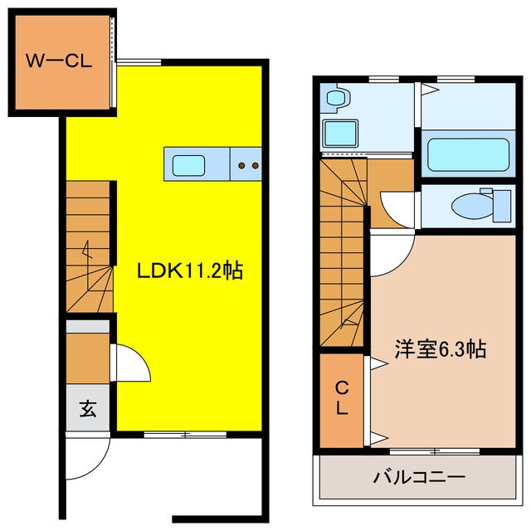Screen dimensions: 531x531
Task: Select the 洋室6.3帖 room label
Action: (439, 350)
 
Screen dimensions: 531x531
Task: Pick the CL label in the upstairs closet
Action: (341, 398)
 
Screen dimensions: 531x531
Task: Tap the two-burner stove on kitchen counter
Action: (246, 165)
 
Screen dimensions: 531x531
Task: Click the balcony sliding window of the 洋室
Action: (436, 451)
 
